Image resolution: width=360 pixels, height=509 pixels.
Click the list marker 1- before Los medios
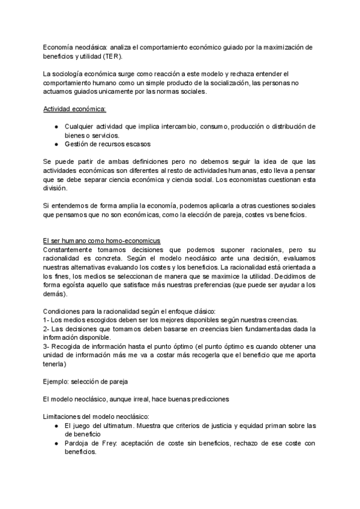pos(47,320)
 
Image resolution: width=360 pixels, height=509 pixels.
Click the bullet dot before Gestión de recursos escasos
pos(55,144)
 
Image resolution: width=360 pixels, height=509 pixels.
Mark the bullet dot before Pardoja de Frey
pos(55,443)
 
